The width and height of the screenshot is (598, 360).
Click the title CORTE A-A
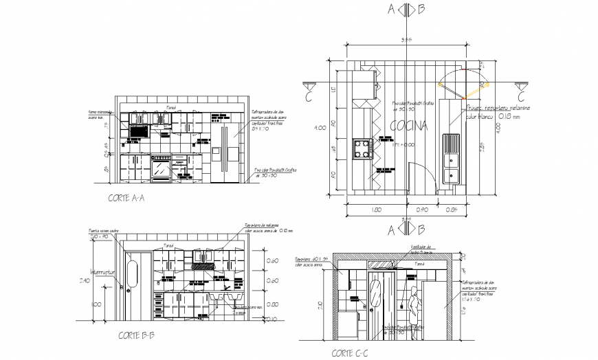coord(126,198)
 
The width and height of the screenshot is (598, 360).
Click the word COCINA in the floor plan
coord(409,126)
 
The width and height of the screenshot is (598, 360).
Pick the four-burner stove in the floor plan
coord(362,148)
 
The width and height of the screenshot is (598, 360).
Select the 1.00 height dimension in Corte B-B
coord(95,304)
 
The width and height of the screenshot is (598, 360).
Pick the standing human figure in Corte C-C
coord(414,312)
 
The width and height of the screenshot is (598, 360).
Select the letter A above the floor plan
coord(391,9)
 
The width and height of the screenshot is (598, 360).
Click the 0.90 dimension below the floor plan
coord(423,209)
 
